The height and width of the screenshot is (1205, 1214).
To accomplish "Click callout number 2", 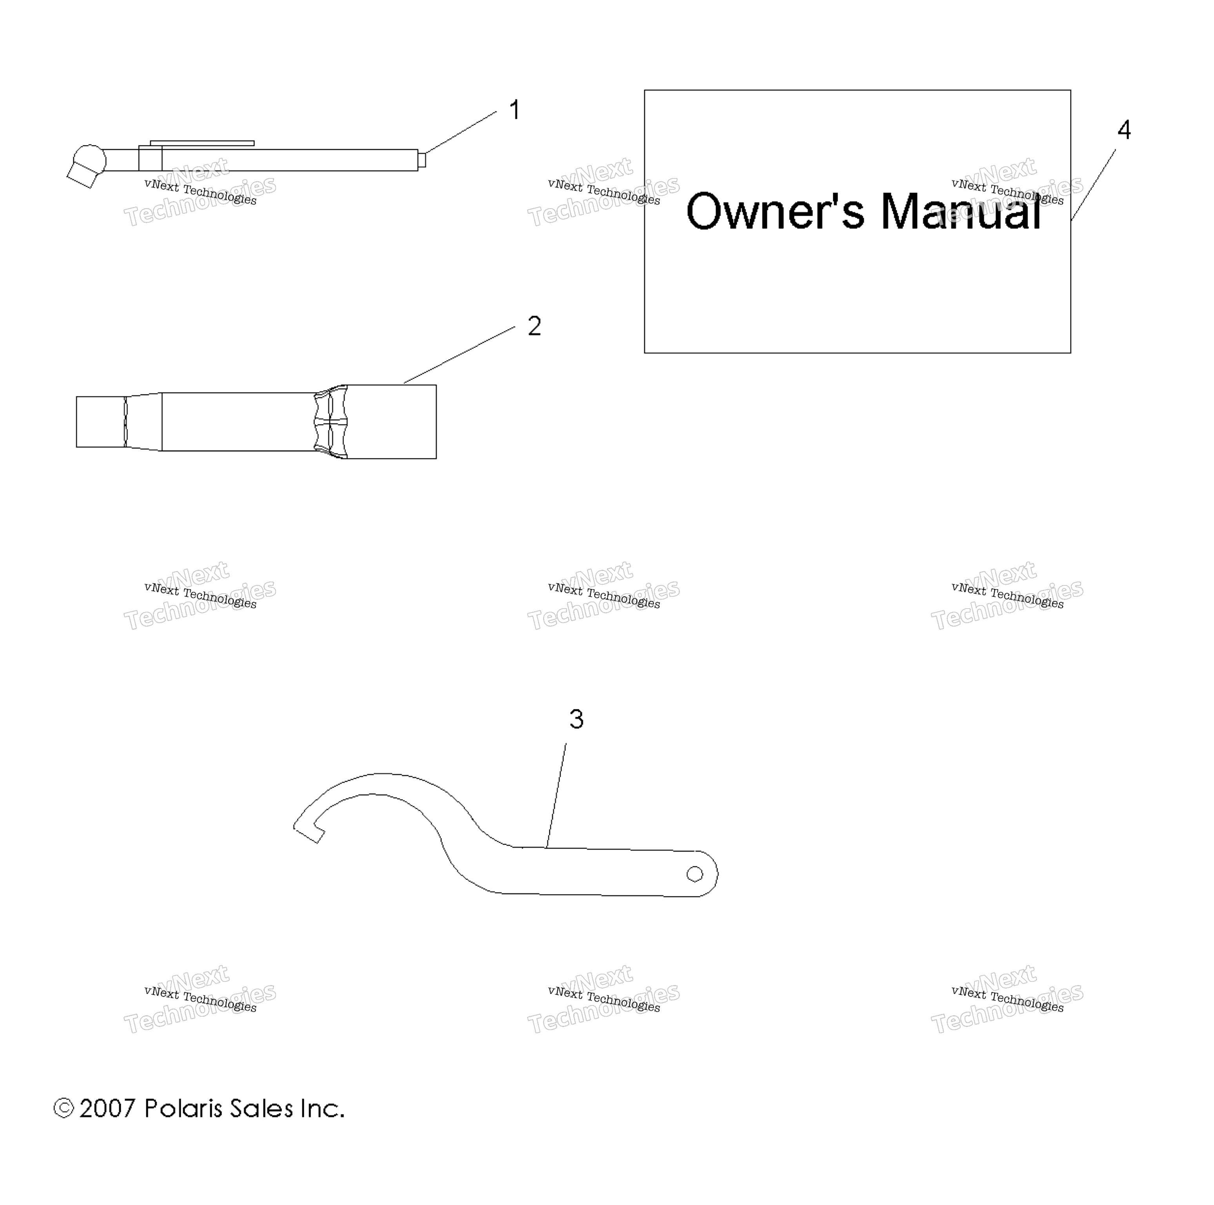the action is [534, 326].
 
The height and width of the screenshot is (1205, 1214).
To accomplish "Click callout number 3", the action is [576, 719].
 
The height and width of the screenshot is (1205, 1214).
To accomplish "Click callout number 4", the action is [1124, 130].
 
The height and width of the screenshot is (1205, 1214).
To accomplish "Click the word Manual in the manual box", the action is [961, 211].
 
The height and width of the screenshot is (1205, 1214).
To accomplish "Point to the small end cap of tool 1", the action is [422, 160].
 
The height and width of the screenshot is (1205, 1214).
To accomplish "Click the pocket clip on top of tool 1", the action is [202, 143].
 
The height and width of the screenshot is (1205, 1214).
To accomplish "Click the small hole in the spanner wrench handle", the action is [694, 874].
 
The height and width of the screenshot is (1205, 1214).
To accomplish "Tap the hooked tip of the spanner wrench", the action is [309, 833].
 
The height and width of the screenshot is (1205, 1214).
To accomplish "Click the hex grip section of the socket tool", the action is [331, 422].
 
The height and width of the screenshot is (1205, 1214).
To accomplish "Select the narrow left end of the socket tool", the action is [100, 422].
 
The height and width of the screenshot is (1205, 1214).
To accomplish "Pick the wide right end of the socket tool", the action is [391, 422].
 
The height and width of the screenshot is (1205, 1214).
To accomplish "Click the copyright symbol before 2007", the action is [64, 1108].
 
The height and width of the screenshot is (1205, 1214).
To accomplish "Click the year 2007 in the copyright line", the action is [107, 1108].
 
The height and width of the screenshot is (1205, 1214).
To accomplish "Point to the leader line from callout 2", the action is [459, 355].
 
